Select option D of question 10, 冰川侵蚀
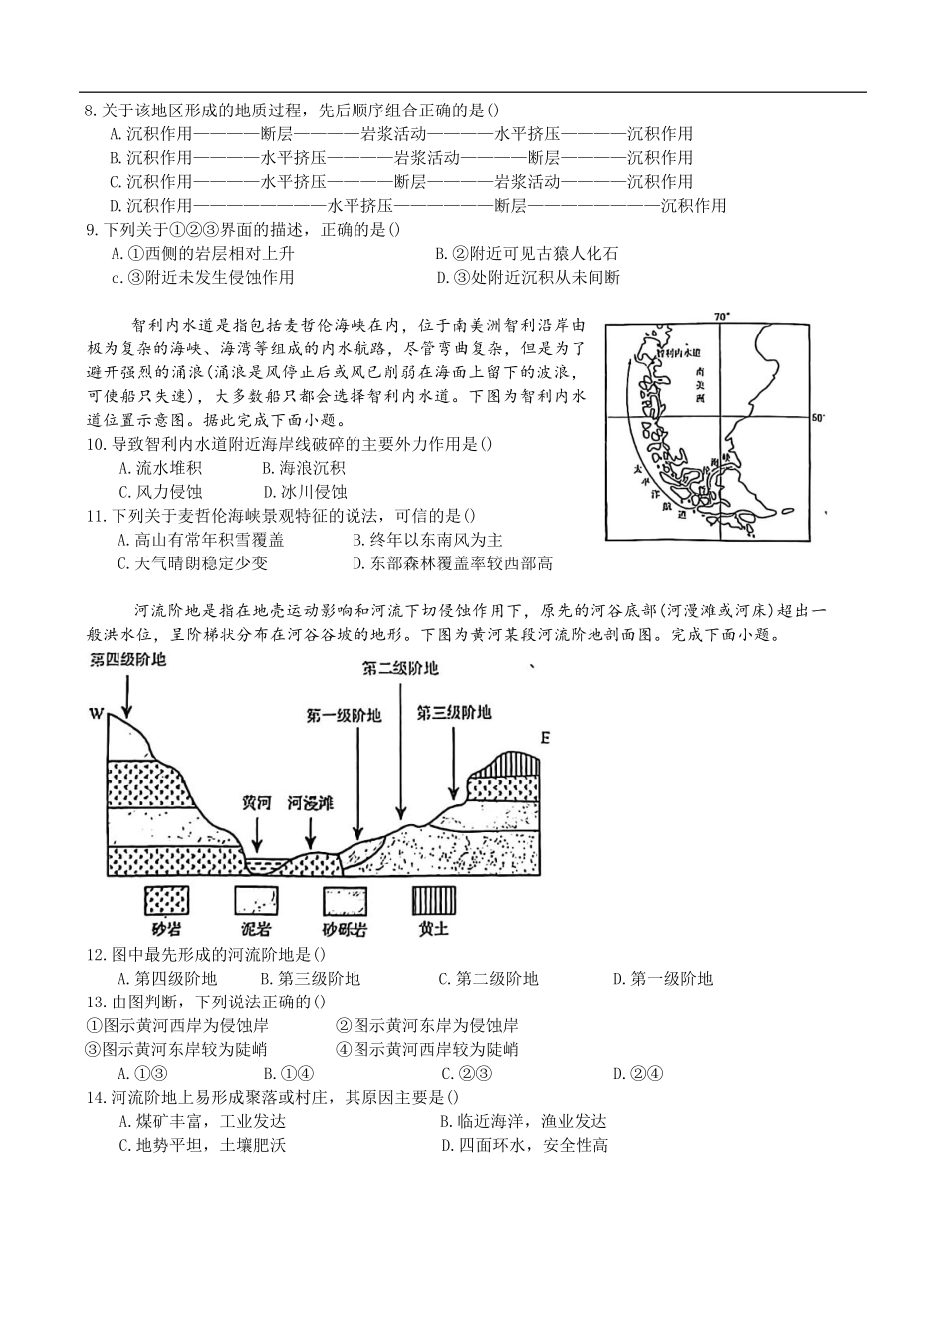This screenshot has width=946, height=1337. pyautogui.click(x=305, y=492)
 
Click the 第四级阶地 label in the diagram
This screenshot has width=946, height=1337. pyautogui.click(x=127, y=660)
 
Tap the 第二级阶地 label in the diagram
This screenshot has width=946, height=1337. pyautogui.click(x=399, y=668)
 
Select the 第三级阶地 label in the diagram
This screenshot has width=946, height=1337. pyautogui.click(x=453, y=713)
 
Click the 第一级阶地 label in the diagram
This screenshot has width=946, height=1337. pyautogui.click(x=344, y=716)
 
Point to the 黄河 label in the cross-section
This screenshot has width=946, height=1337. pyautogui.click(x=257, y=802)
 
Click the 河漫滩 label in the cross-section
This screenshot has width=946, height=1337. pyautogui.click(x=310, y=802)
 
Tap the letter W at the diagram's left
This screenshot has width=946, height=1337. pyautogui.click(x=96, y=713)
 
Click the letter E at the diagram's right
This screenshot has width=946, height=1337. pyautogui.click(x=544, y=738)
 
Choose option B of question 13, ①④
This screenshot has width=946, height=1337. pyautogui.click(x=289, y=1074)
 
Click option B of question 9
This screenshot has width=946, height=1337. pyautogui.click(x=527, y=254)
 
